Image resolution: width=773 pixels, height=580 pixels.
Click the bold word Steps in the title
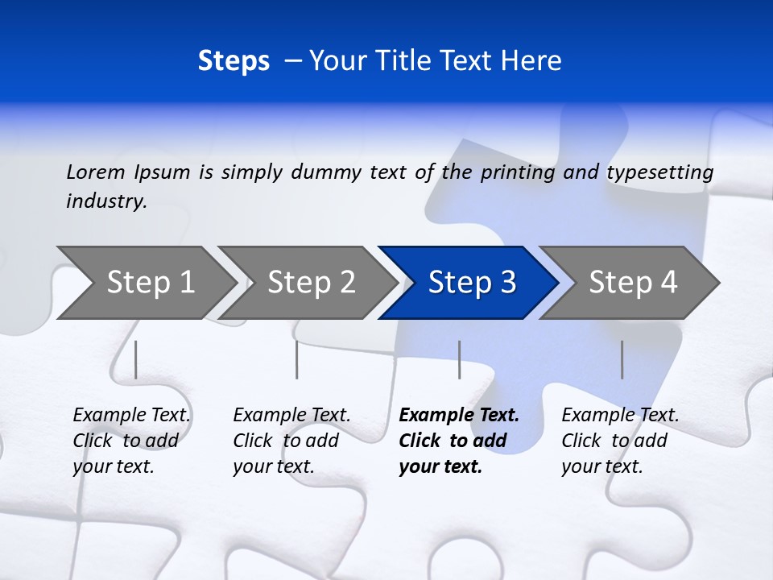coord(234,61)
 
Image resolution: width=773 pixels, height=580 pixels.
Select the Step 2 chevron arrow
coord(311,282)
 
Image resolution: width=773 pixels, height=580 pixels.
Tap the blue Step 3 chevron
coord(472,282)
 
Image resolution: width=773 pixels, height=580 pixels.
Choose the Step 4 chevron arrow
coord(633,282)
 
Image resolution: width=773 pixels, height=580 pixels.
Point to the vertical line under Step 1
coord(136,359)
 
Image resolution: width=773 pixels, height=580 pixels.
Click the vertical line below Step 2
coord(297,359)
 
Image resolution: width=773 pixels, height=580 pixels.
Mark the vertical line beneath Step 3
coord(459,359)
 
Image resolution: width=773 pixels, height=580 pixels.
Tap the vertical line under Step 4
coord(622,359)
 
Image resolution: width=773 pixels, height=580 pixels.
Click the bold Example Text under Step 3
coord(459,416)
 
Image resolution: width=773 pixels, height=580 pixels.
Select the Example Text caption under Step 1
coord(131,416)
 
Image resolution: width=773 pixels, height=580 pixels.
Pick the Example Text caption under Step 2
coord(291,416)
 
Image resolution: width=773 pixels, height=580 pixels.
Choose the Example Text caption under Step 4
coord(620,416)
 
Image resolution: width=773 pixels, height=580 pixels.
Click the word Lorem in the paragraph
coord(96,172)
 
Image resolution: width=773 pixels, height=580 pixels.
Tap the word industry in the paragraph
coord(106,201)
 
